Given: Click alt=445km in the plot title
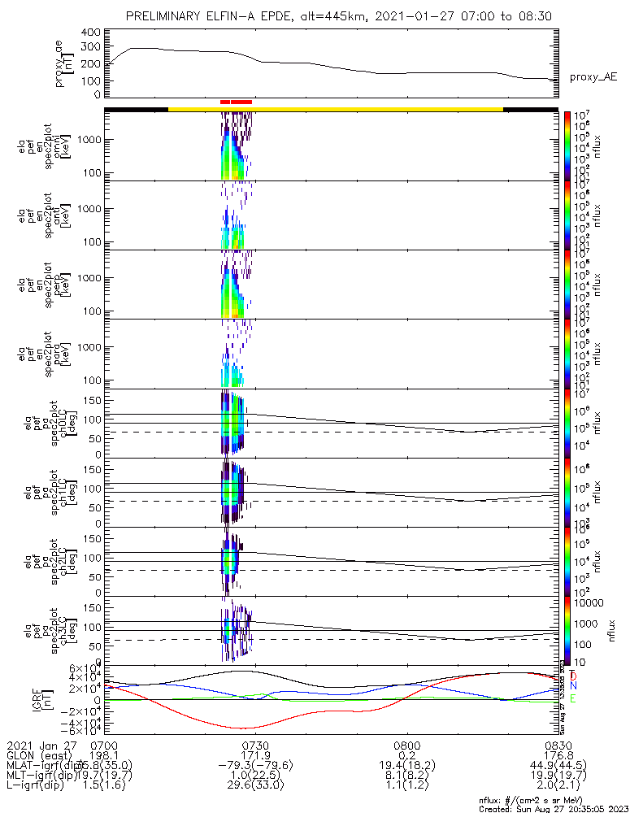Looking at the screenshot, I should tap(311, 16).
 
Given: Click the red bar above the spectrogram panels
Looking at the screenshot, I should tap(236, 102).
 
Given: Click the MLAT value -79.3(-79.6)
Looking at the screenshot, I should tap(255, 767).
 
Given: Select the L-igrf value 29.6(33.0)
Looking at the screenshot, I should tap(255, 788).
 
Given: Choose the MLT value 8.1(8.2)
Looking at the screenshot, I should tap(406, 777).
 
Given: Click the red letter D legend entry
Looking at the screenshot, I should tap(573, 676).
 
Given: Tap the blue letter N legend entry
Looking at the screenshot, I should tap(573, 687).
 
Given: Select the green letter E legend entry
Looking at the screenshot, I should tap(573, 698).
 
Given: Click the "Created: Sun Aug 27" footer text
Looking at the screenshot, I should tap(553, 808).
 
